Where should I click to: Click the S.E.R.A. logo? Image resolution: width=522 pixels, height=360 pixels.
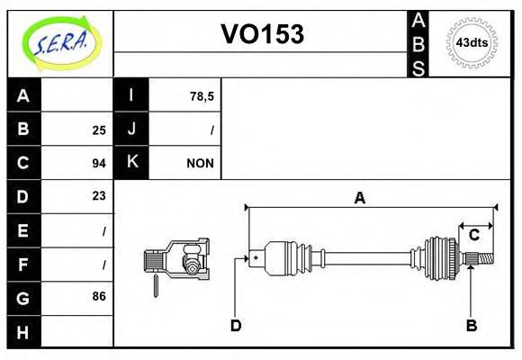58,43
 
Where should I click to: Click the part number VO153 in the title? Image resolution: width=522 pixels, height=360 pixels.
262,34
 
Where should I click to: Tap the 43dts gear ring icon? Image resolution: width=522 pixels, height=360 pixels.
472,42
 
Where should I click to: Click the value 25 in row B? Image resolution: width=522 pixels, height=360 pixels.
98,130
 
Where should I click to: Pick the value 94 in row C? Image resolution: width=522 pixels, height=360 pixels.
98,163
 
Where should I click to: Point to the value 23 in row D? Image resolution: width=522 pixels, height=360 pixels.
98,196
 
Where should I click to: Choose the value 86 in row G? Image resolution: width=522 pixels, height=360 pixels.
98,296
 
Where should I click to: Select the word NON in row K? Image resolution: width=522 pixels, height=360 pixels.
199,163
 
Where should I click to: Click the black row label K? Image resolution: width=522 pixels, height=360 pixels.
131,163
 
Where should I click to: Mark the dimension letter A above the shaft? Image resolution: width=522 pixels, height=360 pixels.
359,199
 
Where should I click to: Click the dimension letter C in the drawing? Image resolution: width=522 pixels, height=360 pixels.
473,236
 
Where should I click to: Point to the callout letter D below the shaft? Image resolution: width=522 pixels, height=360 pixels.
236,326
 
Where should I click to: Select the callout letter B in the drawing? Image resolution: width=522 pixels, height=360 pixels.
471,326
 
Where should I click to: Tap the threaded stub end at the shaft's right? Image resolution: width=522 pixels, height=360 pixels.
483,260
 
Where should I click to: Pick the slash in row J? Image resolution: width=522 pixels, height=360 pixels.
211,130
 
